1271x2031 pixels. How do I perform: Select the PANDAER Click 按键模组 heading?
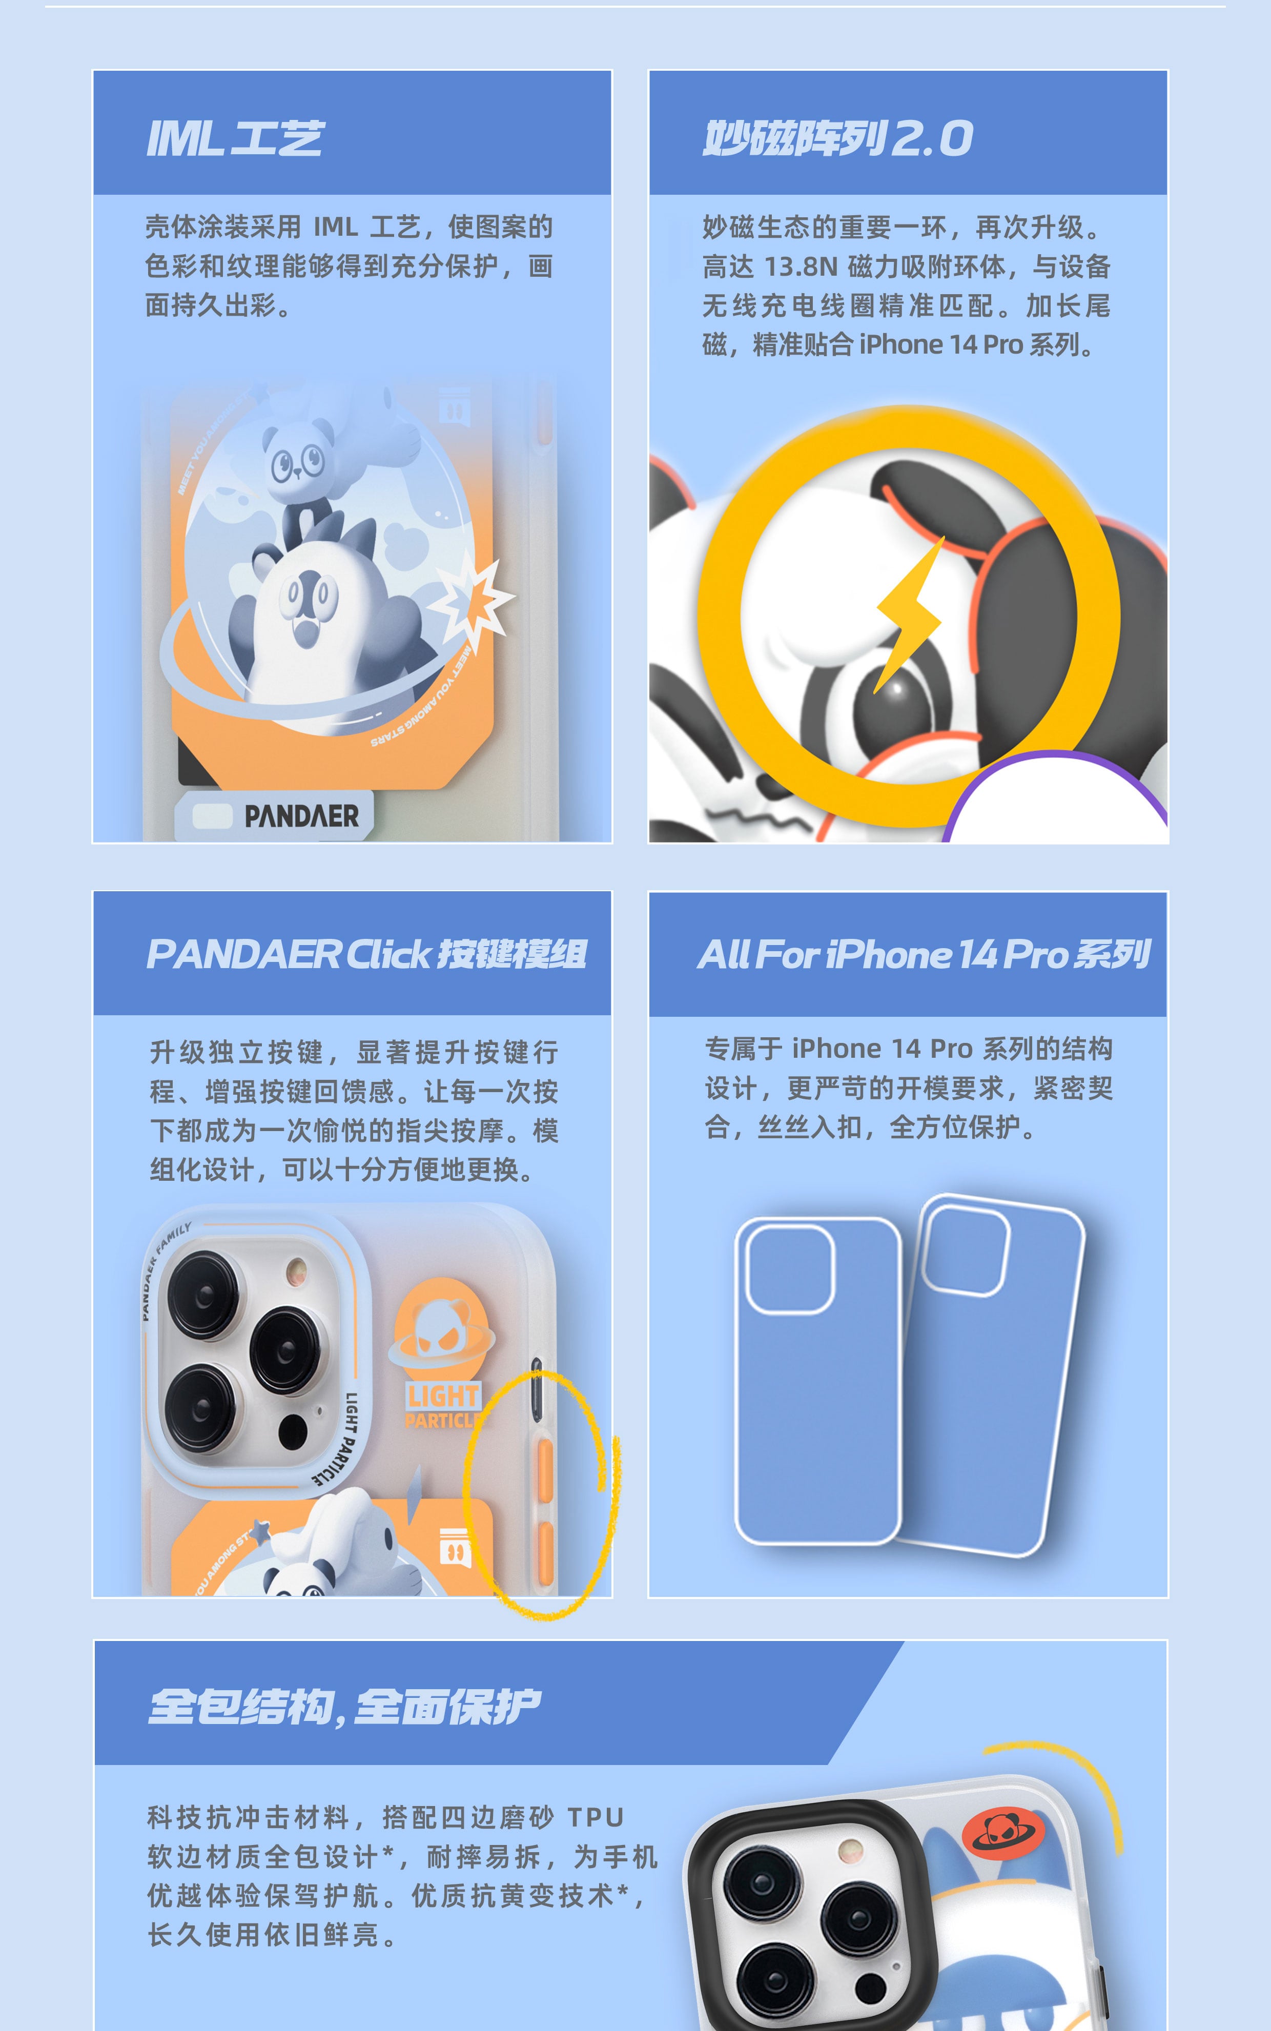coord(366,954)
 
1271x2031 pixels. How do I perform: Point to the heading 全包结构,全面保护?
coord(344,1707)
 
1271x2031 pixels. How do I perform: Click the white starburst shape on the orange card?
coord(471,600)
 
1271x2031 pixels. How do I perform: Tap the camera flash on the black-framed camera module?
coord(851,1850)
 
